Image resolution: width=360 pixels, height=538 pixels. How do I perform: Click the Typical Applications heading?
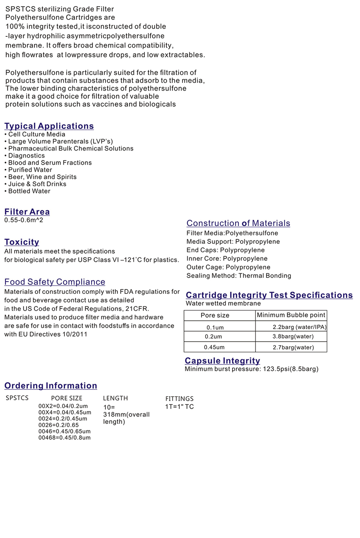49,126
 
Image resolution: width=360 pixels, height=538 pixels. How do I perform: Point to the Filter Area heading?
27,211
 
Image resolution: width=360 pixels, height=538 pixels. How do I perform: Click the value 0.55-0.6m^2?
24,220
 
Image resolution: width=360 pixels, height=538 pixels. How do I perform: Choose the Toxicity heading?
22,242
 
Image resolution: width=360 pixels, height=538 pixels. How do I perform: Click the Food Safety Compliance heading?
55,282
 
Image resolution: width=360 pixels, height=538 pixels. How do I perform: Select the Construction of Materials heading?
238,223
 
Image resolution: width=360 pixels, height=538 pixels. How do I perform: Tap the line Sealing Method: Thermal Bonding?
239,276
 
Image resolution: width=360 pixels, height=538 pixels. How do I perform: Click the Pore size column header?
215,315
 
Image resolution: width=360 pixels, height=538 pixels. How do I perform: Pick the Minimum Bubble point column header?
291,315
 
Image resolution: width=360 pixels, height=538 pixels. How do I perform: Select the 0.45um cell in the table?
214,347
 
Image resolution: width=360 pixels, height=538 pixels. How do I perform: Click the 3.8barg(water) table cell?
293,336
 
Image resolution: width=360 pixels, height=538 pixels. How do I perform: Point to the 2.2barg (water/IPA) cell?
300,327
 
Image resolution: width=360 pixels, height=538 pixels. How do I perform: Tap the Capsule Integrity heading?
222,360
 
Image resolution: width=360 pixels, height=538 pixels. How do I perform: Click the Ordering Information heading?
50,385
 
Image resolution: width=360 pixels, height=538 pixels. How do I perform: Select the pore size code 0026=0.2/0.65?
58,425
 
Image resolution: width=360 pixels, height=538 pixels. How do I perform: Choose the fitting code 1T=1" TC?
180,406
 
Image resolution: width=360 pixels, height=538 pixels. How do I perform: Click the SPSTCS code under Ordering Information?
17,398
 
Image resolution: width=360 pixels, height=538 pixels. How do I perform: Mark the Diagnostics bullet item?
26,156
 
